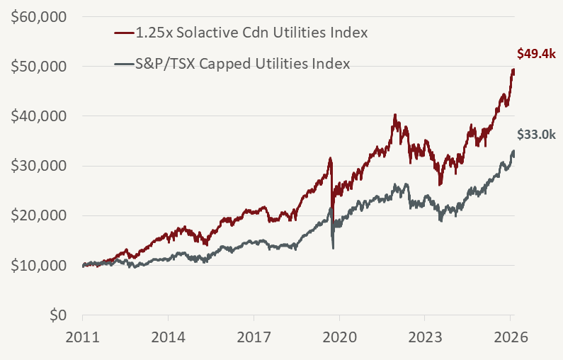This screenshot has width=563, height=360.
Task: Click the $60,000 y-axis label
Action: [38, 17]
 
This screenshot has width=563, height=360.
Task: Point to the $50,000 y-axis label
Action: [38, 67]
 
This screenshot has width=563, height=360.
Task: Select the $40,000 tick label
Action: [38, 116]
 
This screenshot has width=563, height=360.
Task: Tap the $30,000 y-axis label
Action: [38, 166]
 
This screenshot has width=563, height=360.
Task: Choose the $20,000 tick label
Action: [38, 215]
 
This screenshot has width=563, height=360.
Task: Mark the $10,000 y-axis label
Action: [38, 266]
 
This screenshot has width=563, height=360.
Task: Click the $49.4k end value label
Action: [535, 53]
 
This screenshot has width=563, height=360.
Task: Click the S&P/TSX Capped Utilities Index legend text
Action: [243, 64]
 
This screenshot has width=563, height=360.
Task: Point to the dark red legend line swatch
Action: [124, 33]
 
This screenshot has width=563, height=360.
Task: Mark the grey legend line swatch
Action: [124, 64]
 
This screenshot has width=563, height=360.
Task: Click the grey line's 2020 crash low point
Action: [333, 247]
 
